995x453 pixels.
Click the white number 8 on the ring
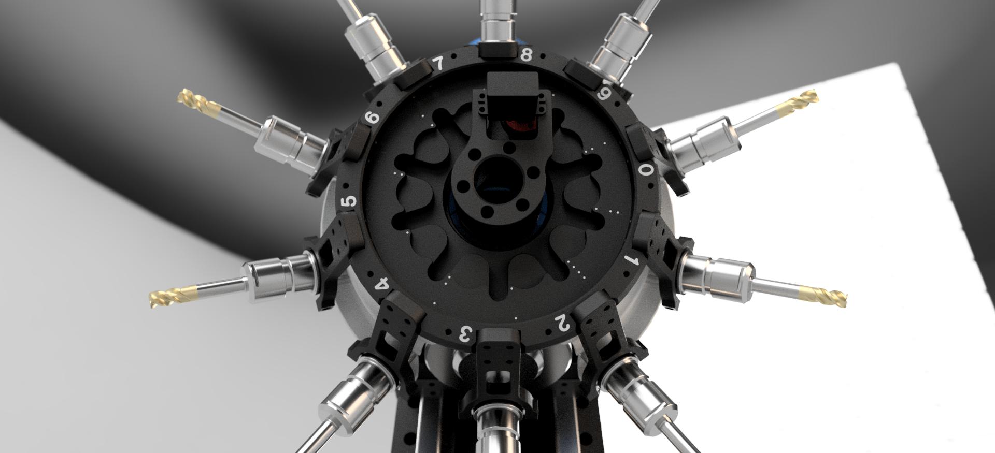[x=526, y=54]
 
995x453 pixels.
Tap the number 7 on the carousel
[x=438, y=64]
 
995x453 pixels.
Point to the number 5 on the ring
[x=351, y=201]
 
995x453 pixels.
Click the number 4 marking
[x=382, y=284]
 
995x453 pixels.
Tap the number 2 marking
[x=562, y=323]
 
